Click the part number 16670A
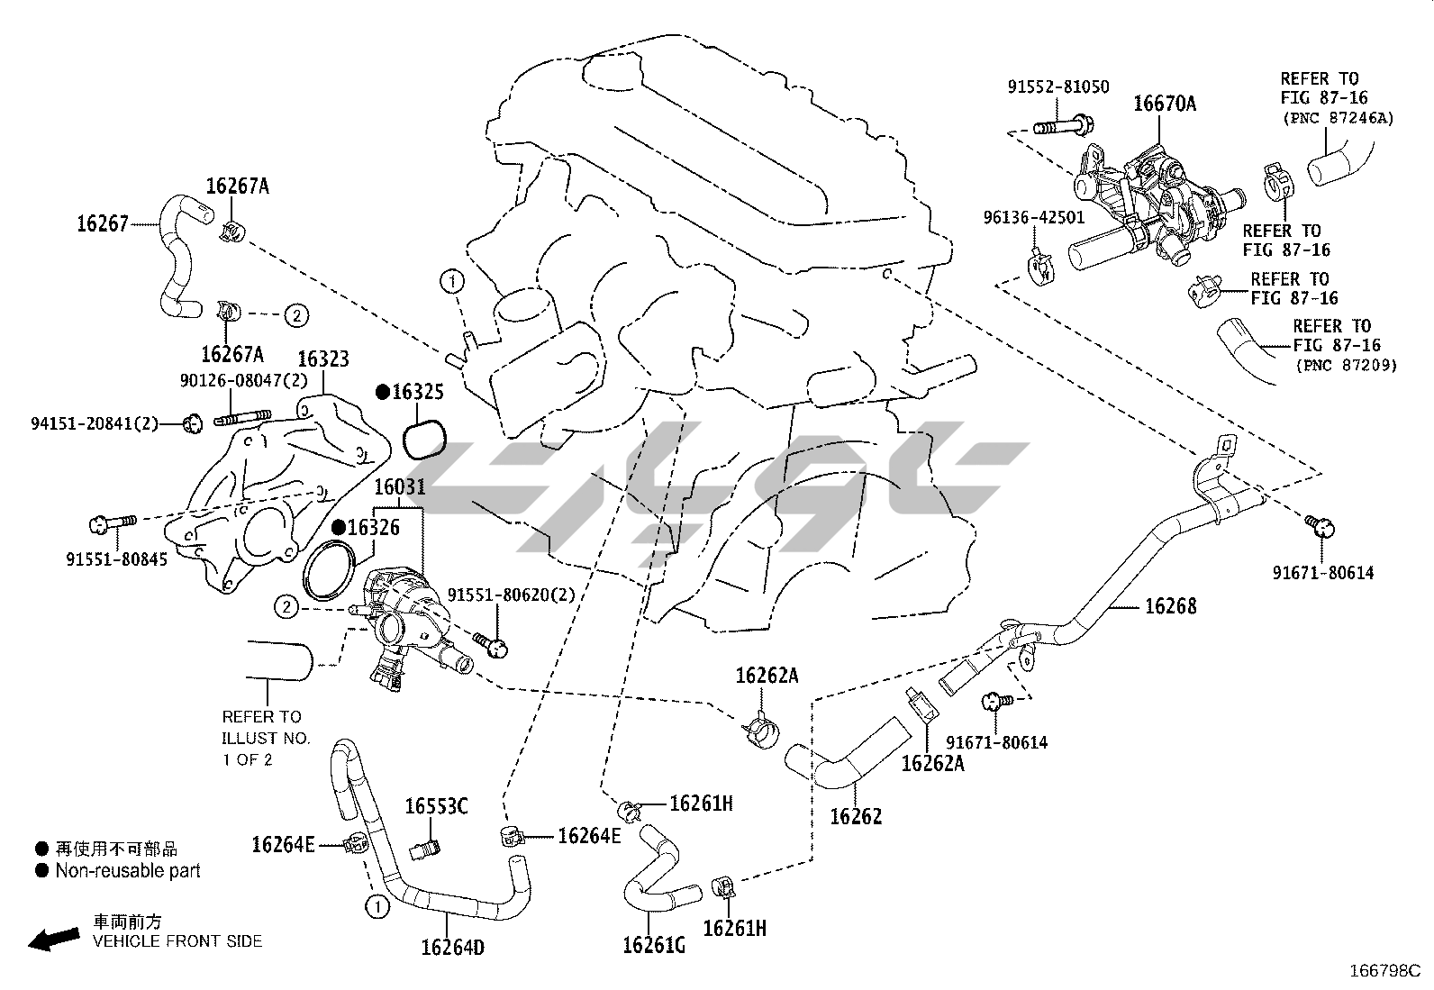coord(1165,104)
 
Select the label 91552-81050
coord(1058,87)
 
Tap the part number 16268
coord(1170,605)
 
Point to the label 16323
coord(323,359)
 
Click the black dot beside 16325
coord(382,392)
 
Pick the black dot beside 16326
coord(339,527)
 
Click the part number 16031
coord(399,487)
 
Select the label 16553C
coord(436,806)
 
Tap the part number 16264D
coord(452,947)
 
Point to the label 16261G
coord(654,945)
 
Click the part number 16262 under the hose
coord(856,816)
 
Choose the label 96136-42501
coord(1034,218)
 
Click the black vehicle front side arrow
coord(54,939)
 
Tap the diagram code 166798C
coord(1384,971)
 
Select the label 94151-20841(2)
coord(95,423)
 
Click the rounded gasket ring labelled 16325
coord(424,439)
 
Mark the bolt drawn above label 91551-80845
coord(113,523)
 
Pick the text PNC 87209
coord(1346,366)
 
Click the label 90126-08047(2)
coord(243,380)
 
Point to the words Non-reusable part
coord(128,871)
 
